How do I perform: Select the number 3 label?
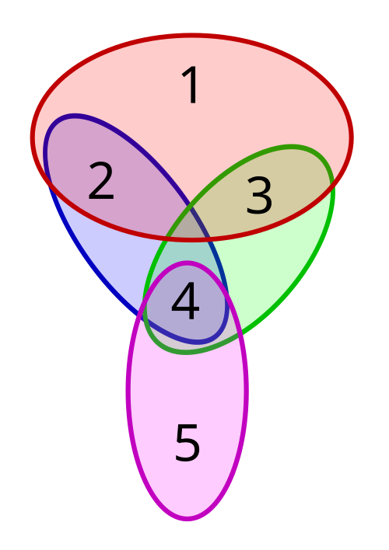(259, 196)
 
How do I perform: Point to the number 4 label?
(185, 302)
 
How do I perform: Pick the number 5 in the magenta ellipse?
(187, 444)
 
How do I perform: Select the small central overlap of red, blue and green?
(191, 228)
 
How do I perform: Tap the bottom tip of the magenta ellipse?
(187, 518)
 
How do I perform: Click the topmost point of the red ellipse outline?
(191, 36)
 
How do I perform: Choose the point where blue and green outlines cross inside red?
(191, 207)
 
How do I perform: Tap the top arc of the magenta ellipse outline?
(187, 263)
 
